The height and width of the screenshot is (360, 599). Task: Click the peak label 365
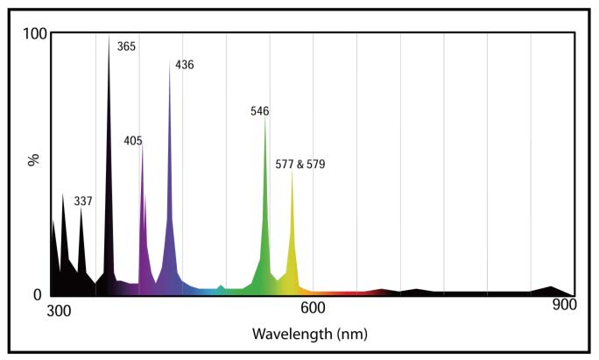pos(126,46)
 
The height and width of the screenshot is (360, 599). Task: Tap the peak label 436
pos(184,65)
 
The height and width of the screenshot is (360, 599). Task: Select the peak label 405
pos(133,140)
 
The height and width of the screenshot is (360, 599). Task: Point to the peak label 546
pos(259,111)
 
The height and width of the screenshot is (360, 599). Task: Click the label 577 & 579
pos(299,164)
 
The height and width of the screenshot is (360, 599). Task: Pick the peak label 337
pos(83,201)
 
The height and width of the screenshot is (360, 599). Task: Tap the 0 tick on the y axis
pos(39,294)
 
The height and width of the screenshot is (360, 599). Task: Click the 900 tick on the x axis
pos(564,307)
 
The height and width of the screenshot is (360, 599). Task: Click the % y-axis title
pos(34,161)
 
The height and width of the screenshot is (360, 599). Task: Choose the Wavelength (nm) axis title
pos(309,334)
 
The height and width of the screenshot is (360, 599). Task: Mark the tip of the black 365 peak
pos(109,38)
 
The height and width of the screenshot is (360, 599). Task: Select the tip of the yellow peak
pos(292,171)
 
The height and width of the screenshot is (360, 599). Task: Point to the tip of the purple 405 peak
pos(141,145)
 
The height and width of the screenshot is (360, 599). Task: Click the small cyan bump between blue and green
pos(221,286)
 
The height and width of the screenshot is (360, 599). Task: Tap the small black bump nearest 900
pos(551,286)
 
